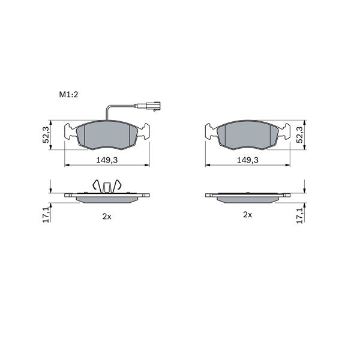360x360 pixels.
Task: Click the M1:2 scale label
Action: (68, 94)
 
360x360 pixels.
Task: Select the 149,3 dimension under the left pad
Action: (107, 160)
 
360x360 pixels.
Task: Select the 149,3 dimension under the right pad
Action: (247, 160)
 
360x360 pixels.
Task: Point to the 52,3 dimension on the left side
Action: (46, 135)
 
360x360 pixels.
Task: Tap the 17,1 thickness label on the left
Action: (46, 214)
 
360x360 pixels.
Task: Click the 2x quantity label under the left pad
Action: (107, 216)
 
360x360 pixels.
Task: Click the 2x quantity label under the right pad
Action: (247, 215)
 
